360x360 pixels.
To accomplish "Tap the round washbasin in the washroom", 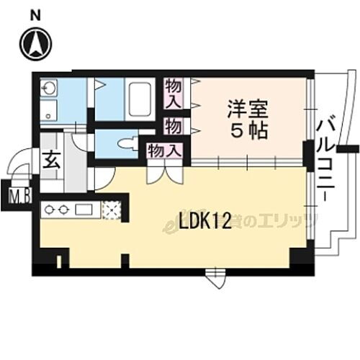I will pos(49,89).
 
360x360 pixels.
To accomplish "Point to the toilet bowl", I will pos(129,141).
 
